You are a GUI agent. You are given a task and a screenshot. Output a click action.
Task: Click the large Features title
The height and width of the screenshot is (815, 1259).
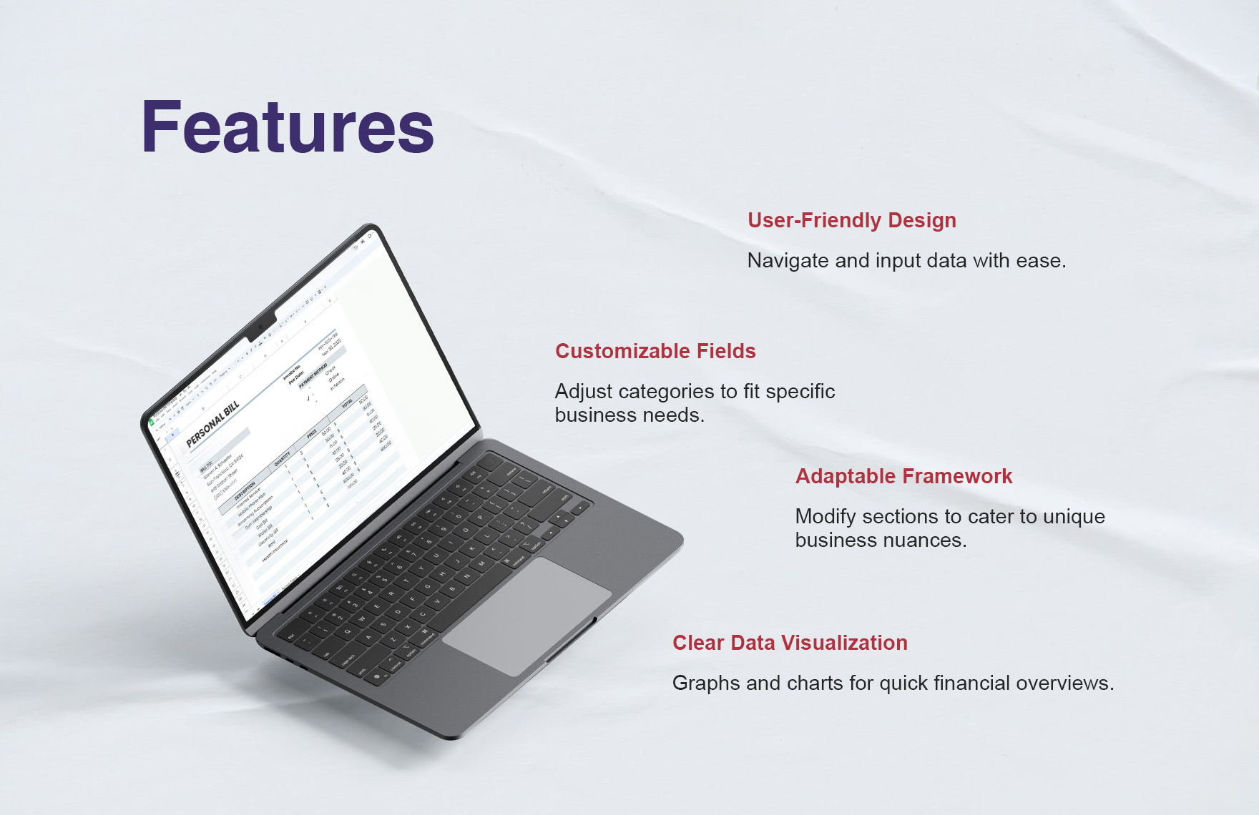click(288, 127)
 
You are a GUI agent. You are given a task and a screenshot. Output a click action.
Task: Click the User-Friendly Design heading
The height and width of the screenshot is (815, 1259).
click(851, 220)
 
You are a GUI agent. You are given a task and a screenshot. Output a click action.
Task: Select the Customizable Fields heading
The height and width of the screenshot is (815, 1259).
click(655, 351)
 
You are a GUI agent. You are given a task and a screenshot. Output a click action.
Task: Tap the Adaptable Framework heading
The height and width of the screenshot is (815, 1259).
click(903, 476)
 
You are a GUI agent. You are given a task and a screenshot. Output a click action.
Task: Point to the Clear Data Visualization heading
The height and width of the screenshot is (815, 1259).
click(790, 643)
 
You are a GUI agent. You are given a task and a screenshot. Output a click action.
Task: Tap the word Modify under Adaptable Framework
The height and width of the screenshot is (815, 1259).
click(826, 517)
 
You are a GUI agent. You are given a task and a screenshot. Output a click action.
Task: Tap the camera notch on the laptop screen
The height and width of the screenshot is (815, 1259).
click(261, 326)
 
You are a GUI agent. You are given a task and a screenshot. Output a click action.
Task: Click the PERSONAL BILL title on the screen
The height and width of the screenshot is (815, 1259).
click(212, 424)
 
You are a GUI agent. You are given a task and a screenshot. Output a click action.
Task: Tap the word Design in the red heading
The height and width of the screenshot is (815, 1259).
click(921, 220)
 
